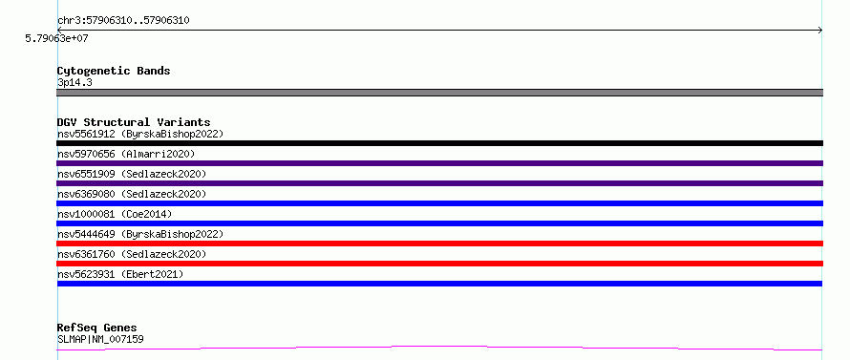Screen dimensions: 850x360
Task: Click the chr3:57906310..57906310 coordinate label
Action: click(x=123, y=21)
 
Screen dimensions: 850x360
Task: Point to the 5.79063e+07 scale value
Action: click(x=57, y=38)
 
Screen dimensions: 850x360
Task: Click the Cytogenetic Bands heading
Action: click(x=114, y=71)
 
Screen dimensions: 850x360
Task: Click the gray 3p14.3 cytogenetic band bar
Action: click(x=439, y=93)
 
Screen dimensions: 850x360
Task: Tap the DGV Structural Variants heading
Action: click(x=134, y=122)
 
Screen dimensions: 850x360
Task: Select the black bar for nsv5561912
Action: click(x=439, y=143)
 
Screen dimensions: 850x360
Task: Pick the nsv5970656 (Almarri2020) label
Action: click(x=126, y=154)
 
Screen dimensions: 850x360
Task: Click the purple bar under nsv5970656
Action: click(x=439, y=163)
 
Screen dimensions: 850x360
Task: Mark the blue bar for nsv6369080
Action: click(x=439, y=203)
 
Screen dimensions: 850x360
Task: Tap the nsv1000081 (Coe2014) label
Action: click(x=115, y=214)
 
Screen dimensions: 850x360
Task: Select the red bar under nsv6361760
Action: click(x=439, y=264)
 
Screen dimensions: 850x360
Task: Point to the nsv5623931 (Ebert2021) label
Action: click(x=120, y=274)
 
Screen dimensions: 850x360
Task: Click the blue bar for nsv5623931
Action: click(x=439, y=284)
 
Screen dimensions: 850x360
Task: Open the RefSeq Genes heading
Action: click(x=97, y=328)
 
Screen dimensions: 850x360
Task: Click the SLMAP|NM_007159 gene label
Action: click(x=100, y=339)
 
